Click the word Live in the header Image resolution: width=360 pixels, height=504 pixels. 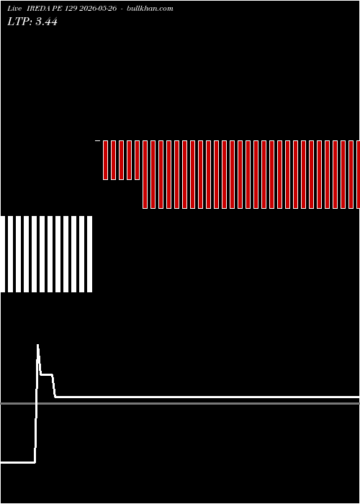14,9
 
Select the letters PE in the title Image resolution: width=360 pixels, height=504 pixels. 60,9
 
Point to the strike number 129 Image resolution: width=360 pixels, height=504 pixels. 71,9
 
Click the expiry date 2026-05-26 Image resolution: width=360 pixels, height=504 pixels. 98,9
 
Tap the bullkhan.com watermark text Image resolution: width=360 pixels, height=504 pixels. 150,9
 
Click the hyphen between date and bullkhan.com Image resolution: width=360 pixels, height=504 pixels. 122,9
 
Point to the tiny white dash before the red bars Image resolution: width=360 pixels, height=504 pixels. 98,140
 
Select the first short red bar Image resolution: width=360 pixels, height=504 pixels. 105,160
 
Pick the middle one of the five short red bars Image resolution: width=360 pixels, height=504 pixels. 121,160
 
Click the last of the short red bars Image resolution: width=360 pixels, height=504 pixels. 138,160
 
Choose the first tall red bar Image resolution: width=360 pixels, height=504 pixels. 145,174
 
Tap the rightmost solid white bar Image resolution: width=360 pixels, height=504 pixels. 90,254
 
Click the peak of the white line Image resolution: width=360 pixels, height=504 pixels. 37,345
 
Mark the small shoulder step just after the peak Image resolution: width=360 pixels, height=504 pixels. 47,374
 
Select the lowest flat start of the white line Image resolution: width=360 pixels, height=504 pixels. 18,462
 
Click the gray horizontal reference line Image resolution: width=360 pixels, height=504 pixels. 180,403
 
